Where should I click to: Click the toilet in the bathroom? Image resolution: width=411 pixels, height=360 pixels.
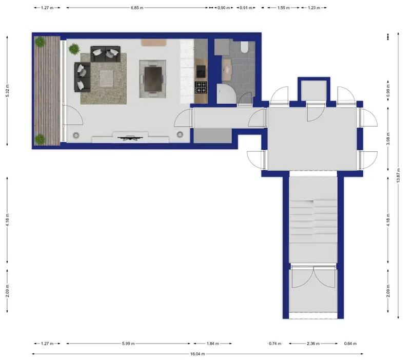(244, 48)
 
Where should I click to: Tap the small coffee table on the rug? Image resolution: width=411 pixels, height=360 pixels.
(106, 77)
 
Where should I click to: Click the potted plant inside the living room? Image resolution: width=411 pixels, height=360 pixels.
(74, 49)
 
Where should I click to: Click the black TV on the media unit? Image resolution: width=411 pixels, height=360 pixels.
(130, 137)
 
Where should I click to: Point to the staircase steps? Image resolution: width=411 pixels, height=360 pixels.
(312, 215)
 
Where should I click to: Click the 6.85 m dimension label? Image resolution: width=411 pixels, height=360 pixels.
(137, 8)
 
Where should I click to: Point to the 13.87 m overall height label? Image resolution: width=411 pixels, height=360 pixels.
(398, 177)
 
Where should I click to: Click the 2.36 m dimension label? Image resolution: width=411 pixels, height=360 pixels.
(312, 344)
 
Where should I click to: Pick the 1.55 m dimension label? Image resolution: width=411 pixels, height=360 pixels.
(281, 8)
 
